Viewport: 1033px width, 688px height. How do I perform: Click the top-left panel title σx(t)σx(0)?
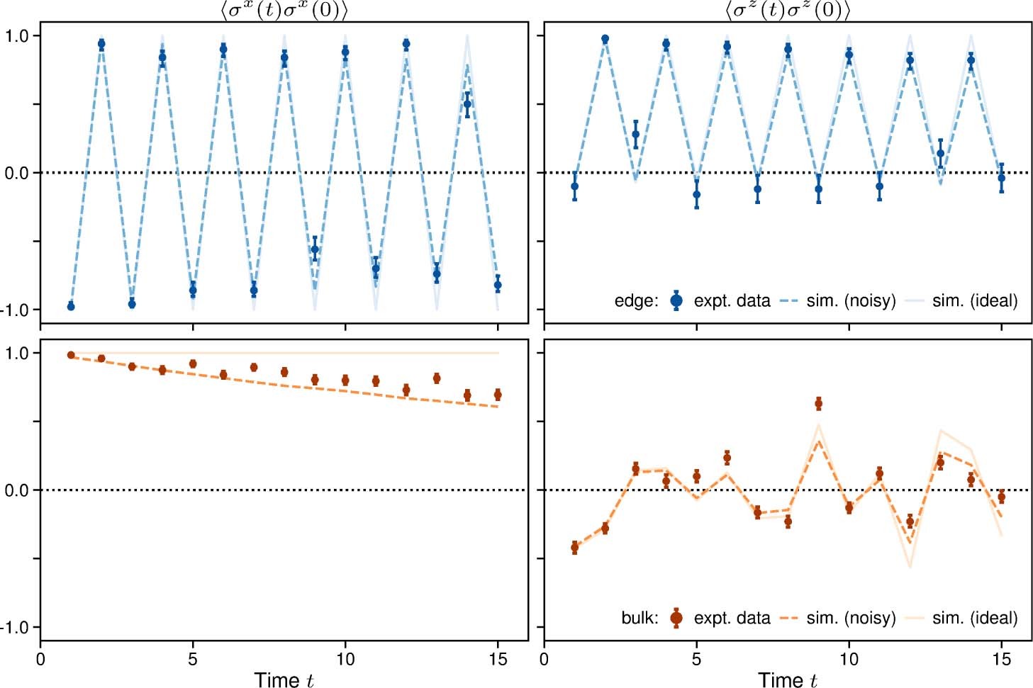[284, 10]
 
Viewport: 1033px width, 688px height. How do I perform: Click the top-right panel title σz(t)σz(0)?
[787, 10]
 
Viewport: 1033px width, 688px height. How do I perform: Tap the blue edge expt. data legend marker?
[676, 301]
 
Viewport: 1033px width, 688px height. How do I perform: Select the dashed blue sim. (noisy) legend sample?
[789, 301]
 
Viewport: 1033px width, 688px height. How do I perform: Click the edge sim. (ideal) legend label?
[974, 301]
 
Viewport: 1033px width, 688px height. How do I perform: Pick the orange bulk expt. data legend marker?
[676, 618]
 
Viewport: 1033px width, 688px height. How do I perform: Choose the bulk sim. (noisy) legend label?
[851, 618]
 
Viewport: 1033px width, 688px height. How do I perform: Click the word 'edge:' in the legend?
[636, 301]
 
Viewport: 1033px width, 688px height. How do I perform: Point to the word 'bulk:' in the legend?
[640, 618]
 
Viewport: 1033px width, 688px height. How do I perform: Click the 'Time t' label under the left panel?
[284, 679]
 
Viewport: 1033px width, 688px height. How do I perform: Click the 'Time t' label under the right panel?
[787, 679]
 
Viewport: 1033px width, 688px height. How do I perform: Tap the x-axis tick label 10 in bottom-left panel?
[345, 659]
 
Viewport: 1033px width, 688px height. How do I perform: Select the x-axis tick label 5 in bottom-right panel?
[696, 659]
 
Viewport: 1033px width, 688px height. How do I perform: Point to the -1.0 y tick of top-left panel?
[19, 310]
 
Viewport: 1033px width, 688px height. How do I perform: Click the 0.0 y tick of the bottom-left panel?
[19, 490]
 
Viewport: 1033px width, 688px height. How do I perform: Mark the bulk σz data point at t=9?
[818, 404]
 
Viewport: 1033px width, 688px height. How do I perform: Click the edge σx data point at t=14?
[467, 104]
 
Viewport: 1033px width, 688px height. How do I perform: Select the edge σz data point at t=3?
[635, 135]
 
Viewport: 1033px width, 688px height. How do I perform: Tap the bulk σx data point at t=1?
[71, 355]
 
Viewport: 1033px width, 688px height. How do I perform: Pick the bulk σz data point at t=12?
[910, 522]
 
